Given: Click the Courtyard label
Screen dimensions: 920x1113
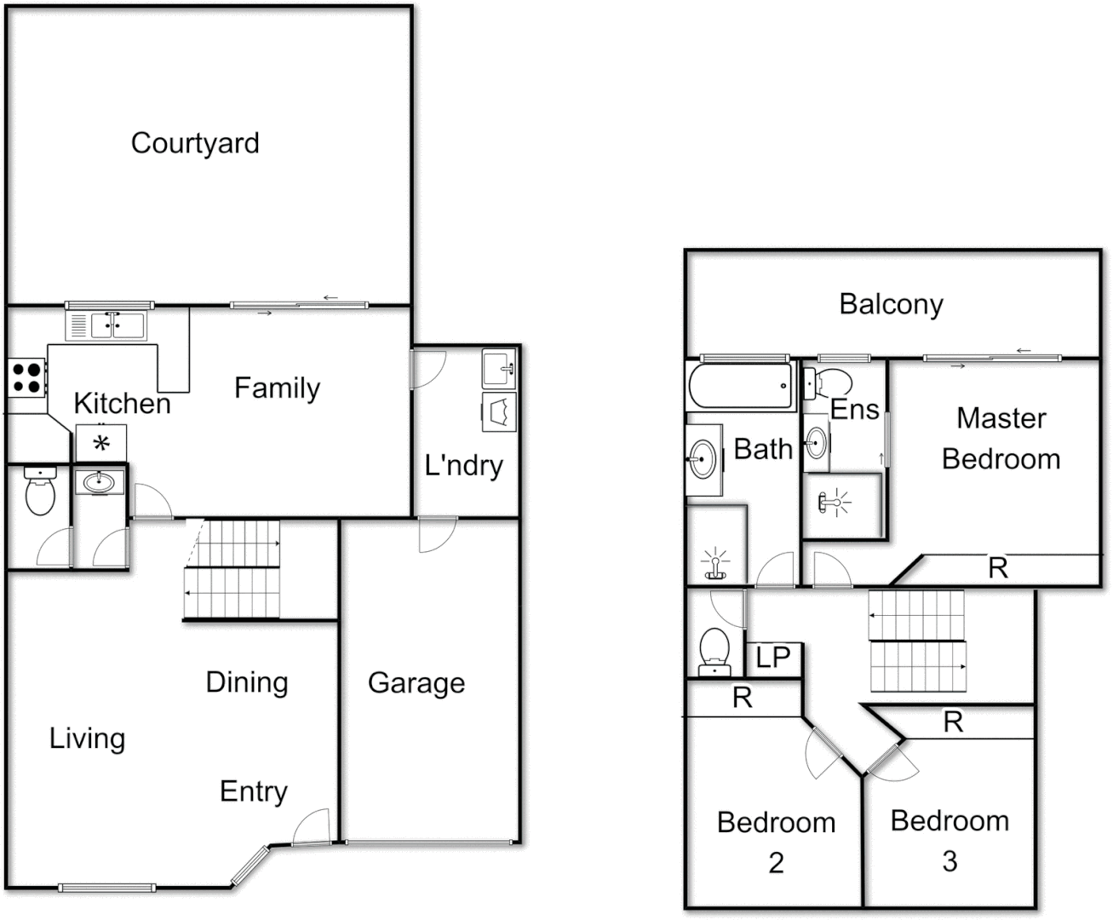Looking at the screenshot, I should (x=195, y=143).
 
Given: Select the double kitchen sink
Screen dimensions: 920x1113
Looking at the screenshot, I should (x=106, y=325).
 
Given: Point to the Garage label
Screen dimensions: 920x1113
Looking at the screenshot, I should (x=416, y=683).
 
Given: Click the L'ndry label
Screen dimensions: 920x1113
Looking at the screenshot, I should (x=463, y=465).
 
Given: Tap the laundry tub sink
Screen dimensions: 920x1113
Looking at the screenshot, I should (x=499, y=368).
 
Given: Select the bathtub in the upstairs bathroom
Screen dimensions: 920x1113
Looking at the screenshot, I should (x=740, y=386).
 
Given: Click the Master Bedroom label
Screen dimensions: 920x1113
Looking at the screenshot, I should (x=1001, y=439).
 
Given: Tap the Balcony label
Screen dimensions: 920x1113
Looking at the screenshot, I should (x=891, y=304).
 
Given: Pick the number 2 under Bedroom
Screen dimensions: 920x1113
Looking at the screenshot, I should (x=776, y=863).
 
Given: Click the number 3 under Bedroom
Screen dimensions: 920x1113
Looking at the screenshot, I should (x=949, y=861).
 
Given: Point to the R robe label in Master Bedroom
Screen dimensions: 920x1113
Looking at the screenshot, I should (x=998, y=568).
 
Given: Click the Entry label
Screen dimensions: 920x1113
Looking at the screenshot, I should (x=253, y=791).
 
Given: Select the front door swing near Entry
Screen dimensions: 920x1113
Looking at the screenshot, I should (x=311, y=826).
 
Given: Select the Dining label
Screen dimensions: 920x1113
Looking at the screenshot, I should (x=247, y=682).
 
